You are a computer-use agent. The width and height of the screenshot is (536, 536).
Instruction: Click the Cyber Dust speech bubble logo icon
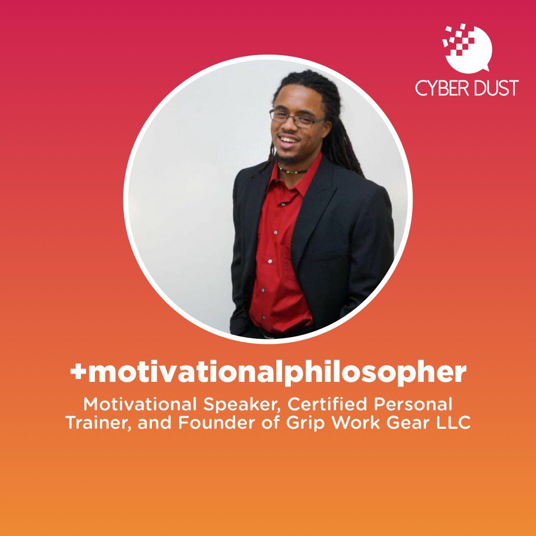466,48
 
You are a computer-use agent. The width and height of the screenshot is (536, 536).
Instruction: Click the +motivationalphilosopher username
268,372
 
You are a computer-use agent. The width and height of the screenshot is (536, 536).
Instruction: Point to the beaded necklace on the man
291,170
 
